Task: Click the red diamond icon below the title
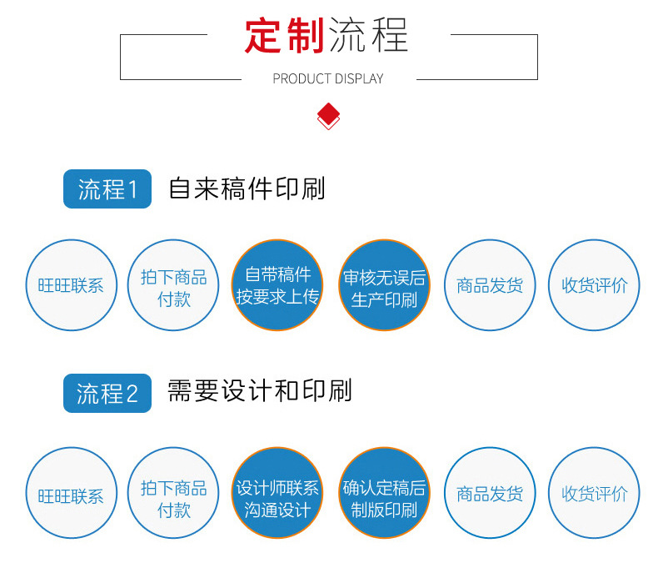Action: (x=329, y=115)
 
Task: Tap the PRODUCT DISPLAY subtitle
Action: (x=328, y=79)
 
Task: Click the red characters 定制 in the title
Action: (x=283, y=35)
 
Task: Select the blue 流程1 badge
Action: (x=107, y=189)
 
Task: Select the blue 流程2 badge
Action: (x=107, y=393)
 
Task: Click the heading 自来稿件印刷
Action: (x=247, y=188)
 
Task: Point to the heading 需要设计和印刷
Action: (x=260, y=391)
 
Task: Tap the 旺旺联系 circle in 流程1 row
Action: (x=71, y=285)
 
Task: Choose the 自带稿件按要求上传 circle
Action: (x=277, y=285)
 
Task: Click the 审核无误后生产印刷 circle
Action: (x=384, y=285)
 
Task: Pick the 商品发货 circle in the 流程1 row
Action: (x=490, y=285)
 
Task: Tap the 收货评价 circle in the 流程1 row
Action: (x=594, y=285)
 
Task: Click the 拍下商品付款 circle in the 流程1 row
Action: (x=173, y=285)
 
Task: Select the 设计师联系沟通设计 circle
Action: (x=277, y=494)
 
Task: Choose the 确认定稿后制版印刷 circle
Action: (x=384, y=494)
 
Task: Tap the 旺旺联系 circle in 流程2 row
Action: (x=71, y=494)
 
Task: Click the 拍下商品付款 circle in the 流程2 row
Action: (x=173, y=494)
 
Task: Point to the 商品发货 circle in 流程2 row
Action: (x=490, y=494)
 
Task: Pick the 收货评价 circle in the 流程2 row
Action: (x=594, y=494)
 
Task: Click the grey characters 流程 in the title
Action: (x=368, y=35)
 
